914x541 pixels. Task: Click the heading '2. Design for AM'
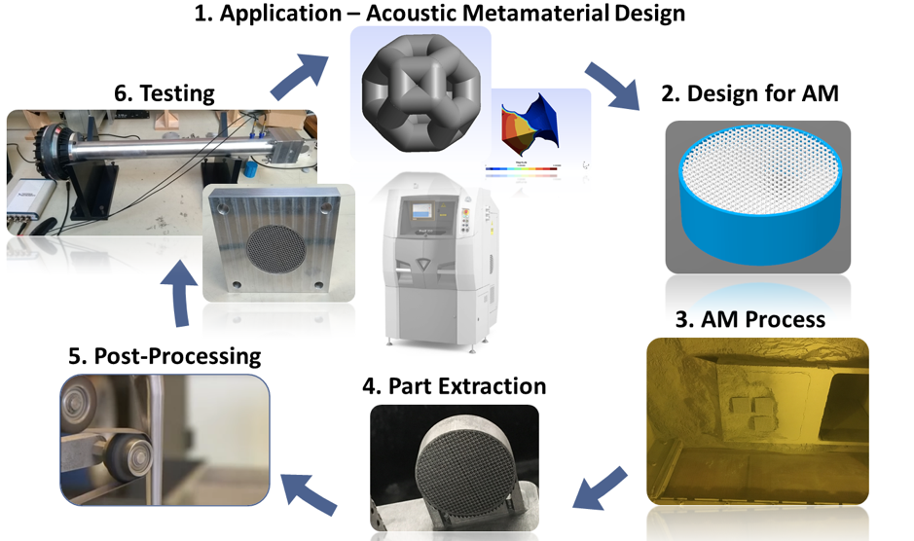[749, 93]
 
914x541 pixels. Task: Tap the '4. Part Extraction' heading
[454, 385]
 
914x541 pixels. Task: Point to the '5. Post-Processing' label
[165, 356]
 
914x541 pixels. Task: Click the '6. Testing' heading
[165, 93]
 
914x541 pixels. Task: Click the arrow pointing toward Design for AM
[610, 86]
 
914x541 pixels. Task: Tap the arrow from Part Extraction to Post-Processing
[309, 488]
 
